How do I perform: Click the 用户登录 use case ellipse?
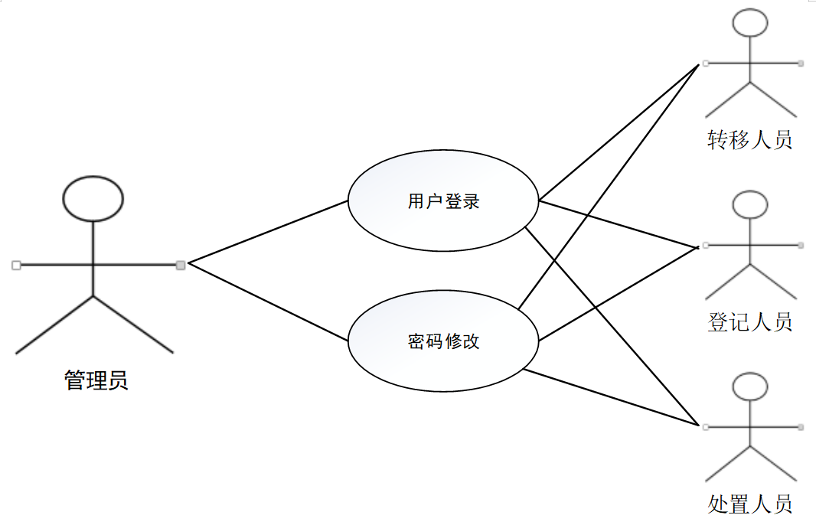pos(443,201)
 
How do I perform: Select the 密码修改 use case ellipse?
pos(443,341)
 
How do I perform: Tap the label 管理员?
pos(96,380)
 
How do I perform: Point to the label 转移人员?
pos(749,140)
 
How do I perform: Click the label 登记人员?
pos(749,321)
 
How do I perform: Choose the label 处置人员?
pos(749,504)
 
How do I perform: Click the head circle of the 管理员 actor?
pos(93,197)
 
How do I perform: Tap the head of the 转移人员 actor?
pos(749,23)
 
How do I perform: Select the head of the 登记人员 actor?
pos(749,205)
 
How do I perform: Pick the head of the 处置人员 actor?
pos(749,386)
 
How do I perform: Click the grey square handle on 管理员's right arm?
pos(181,265)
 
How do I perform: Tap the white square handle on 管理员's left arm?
pos(15,265)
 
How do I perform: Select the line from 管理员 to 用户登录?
pos(268,232)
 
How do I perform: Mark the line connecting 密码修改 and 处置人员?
pos(612,397)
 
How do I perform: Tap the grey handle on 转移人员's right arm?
pos(801,63)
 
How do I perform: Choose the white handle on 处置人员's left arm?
pos(705,426)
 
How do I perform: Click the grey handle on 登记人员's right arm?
pos(801,245)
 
